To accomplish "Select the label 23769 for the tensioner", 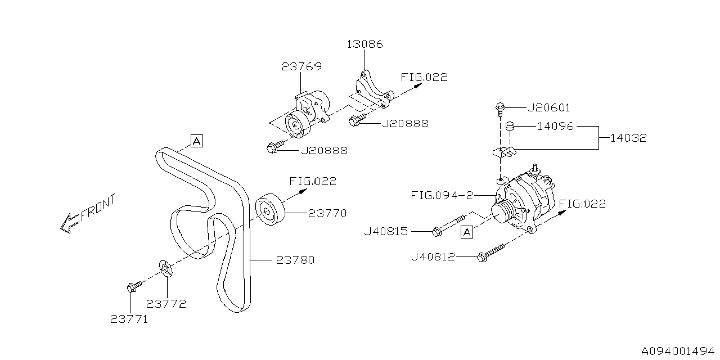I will [x=301, y=67].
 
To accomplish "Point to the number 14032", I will [x=623, y=137].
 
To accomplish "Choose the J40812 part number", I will [x=434, y=257].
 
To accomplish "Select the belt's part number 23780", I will [x=295, y=260].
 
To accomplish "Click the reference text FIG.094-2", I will [x=438, y=196].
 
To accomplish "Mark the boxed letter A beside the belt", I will [x=196, y=141].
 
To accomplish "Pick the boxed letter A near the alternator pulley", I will [x=466, y=231].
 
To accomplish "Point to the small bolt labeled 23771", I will [x=131, y=288].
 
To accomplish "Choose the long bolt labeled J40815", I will [x=450, y=224].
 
